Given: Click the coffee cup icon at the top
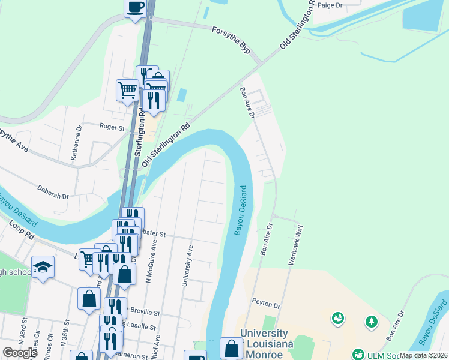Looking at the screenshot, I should [x=135, y=8].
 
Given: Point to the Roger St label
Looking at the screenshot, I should [x=112, y=127].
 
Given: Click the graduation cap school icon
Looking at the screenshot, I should [x=43, y=266].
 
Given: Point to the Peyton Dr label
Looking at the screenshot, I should [x=267, y=305].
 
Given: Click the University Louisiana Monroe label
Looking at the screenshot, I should [x=267, y=343].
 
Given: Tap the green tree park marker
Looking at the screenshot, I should [x=372, y=322].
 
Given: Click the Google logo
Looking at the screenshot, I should [x=20, y=352].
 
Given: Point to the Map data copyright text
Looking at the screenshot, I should [x=423, y=355].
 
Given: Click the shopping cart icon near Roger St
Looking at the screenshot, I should [x=127, y=91].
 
